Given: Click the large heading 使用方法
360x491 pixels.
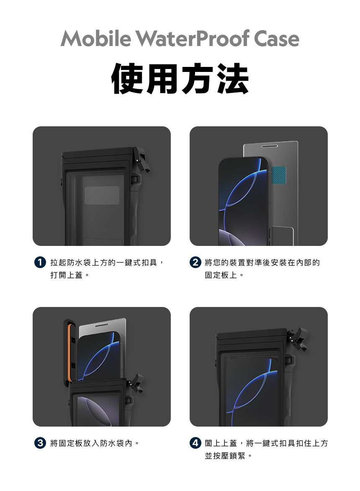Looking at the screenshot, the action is (x=180, y=79).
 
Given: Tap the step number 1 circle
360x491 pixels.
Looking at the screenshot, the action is (x=39, y=263).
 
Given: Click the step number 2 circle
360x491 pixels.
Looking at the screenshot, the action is (x=195, y=263).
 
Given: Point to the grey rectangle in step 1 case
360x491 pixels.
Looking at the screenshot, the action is (x=102, y=195).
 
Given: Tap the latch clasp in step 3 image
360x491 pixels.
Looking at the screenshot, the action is (x=136, y=384).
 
